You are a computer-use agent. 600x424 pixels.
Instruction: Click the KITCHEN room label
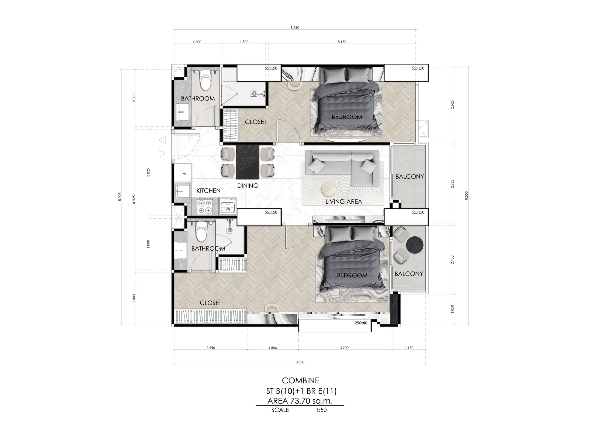coord(208,191)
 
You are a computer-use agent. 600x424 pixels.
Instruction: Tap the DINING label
coord(248,186)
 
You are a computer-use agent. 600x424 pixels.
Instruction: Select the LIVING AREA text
coord(344,202)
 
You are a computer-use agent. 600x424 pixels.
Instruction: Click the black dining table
coord(247,162)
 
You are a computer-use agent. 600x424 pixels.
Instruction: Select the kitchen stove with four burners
coord(205,206)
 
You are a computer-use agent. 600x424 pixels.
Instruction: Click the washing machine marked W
coord(228,206)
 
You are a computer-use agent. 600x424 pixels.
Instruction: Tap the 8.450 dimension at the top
coord(295,28)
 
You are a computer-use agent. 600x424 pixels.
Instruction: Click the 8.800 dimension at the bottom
coord(300,362)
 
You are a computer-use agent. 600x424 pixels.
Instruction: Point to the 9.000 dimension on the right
coord(466,195)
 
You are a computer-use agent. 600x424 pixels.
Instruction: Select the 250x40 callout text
coord(361,323)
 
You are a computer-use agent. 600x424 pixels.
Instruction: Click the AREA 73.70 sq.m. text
coord(300,401)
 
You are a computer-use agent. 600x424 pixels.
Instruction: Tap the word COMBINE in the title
coord(300,381)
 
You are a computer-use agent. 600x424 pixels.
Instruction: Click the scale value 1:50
coord(321,410)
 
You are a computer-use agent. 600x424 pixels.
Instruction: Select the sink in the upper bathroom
coord(181,113)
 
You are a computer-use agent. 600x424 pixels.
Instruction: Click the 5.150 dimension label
coord(342,42)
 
